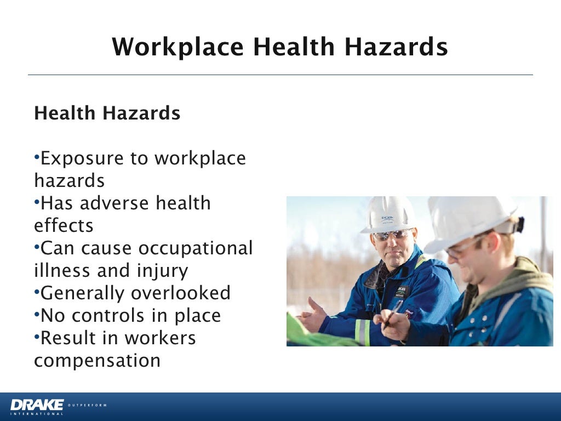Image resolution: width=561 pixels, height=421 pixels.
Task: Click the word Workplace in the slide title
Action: pyautogui.click(x=178, y=47)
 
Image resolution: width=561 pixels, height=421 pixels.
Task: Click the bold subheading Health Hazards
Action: pyautogui.click(x=107, y=113)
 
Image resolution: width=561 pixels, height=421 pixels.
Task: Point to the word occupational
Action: pyautogui.click(x=195, y=248)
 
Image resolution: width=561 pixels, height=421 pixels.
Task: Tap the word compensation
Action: pyautogui.click(x=97, y=361)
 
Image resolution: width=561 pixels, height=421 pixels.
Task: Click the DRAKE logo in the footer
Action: pyautogui.click(x=37, y=406)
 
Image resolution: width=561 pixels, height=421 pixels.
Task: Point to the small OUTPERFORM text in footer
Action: pyautogui.click(x=88, y=405)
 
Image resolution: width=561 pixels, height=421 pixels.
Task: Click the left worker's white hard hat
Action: pyautogui.click(x=388, y=214)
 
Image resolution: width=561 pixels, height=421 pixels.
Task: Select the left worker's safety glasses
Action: pyautogui.click(x=391, y=235)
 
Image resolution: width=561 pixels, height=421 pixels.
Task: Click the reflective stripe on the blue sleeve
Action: pyautogui.click(x=361, y=332)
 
